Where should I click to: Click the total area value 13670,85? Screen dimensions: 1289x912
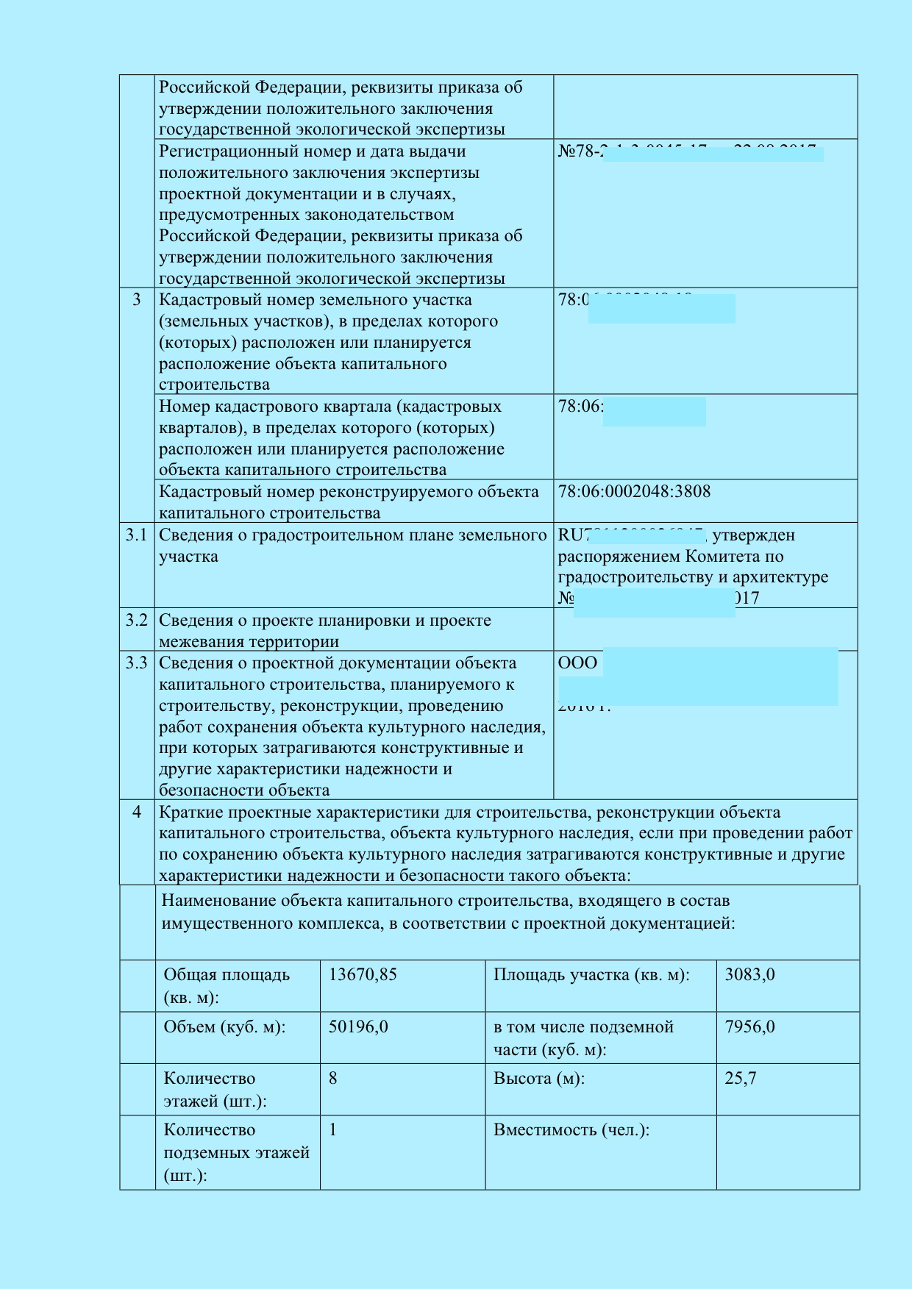click(363, 975)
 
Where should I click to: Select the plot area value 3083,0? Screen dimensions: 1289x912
click(749, 975)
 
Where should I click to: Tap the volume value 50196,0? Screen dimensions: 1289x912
click(358, 1026)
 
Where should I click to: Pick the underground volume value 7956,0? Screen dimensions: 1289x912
click(749, 1026)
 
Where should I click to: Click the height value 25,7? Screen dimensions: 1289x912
click(741, 1079)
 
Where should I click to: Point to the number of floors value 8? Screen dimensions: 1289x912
click(333, 1079)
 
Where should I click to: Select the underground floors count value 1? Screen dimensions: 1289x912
click(333, 1130)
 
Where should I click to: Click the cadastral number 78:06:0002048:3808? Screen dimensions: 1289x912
click(634, 491)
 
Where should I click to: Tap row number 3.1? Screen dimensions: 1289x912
click(137, 535)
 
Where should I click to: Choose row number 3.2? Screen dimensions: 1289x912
click(137, 621)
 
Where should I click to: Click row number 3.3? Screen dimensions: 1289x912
click(137, 663)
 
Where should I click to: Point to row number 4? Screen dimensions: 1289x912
click(137, 813)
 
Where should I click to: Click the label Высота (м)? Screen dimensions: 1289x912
click(539, 1079)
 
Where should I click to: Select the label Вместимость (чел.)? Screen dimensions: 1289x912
click(571, 1130)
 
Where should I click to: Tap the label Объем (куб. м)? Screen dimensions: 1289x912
click(224, 1027)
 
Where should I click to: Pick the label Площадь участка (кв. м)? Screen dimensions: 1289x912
click(591, 975)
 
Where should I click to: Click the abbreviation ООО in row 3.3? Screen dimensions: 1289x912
click(577, 663)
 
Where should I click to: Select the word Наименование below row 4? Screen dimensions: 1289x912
click(218, 901)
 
